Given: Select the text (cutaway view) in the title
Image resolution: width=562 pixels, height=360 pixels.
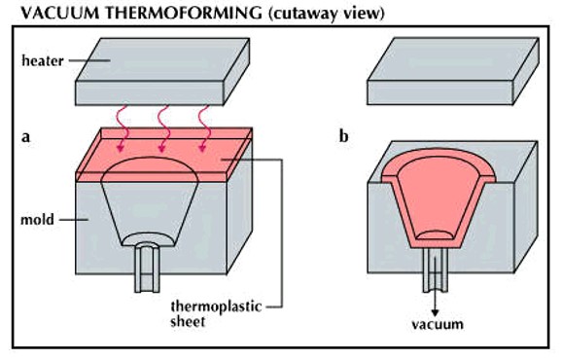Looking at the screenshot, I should pyautogui.click(x=293, y=13).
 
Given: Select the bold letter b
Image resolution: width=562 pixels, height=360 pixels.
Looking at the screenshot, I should pyautogui.click(x=343, y=137).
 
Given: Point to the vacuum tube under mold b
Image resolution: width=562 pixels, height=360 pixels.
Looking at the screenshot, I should pyautogui.click(x=434, y=276).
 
